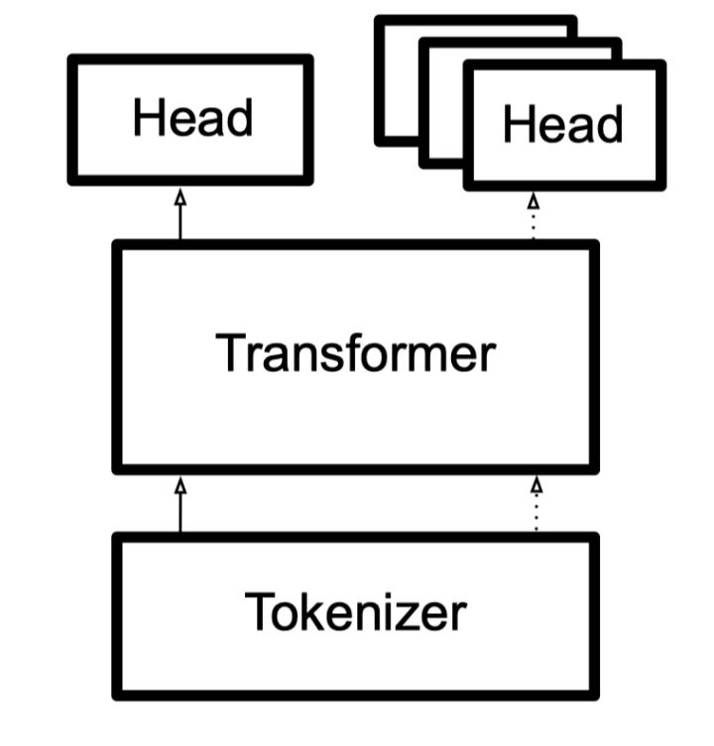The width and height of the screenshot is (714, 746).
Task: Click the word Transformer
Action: click(x=355, y=353)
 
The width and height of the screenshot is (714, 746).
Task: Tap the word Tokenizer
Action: click(x=355, y=612)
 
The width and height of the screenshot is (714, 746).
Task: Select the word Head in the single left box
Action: click(x=192, y=118)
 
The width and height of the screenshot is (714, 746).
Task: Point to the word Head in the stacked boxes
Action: click(x=562, y=125)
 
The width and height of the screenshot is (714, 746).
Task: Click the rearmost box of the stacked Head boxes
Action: click(x=397, y=79)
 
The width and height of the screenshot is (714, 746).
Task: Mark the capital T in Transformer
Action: click(x=230, y=352)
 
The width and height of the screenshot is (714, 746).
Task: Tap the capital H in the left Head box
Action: click(x=148, y=118)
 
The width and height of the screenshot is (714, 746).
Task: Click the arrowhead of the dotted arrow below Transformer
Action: click(x=536, y=485)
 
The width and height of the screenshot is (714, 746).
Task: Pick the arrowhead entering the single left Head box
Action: click(x=180, y=197)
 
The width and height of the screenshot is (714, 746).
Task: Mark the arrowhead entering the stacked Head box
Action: click(x=534, y=199)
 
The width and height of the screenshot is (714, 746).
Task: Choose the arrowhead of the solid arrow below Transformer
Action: click(x=180, y=485)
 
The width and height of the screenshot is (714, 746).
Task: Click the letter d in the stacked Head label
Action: click(x=609, y=125)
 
